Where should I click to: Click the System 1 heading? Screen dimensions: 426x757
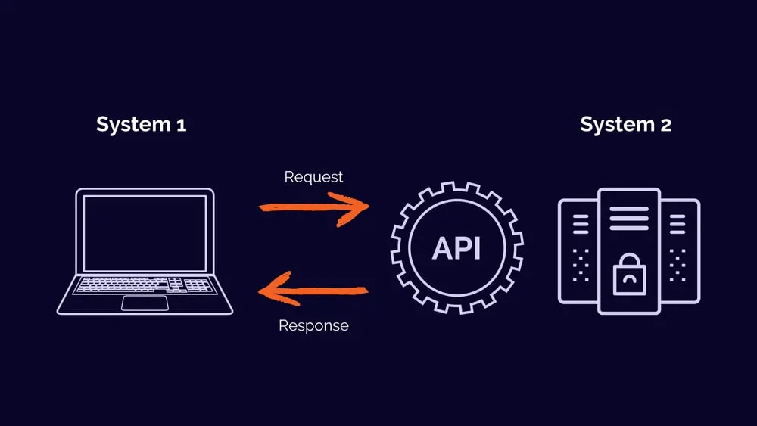point(141,125)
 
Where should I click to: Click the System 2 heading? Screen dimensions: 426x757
point(625,125)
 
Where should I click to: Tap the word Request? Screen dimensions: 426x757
point(313,177)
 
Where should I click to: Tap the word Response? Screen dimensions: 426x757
point(313,326)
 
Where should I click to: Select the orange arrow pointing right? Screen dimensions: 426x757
point(313,207)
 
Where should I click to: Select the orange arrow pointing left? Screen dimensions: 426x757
point(313,289)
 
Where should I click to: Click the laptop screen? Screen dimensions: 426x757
point(145,233)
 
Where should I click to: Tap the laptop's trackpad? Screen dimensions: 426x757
point(145,303)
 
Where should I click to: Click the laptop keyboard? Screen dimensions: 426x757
point(145,285)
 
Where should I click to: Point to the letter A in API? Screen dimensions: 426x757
point(441,248)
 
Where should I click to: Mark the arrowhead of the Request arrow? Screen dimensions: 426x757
point(357,207)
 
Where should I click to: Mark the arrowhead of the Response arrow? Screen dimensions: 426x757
point(270,289)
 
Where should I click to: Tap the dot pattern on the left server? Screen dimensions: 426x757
point(581,266)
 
